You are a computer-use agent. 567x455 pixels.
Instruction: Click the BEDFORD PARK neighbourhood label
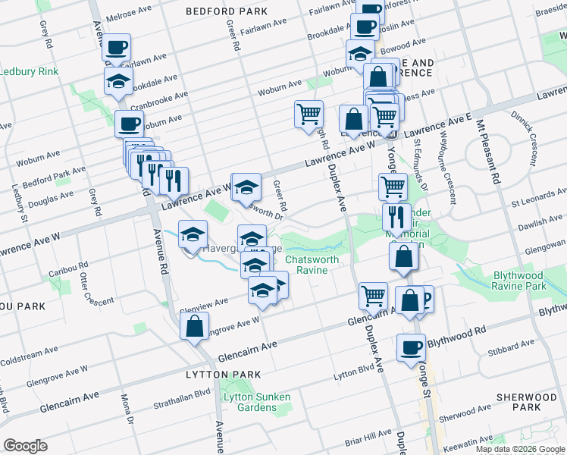227,12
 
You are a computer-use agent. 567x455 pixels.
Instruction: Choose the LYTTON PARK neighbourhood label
224,375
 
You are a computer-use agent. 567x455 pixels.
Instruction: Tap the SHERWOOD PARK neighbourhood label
526,402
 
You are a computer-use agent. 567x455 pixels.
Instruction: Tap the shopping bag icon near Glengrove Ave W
194,326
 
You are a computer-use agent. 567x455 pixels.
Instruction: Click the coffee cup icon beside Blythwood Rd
411,347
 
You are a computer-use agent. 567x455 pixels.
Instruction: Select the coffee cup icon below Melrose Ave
117,48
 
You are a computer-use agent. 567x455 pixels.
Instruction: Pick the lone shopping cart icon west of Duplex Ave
309,114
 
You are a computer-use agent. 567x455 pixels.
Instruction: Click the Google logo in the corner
26,446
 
